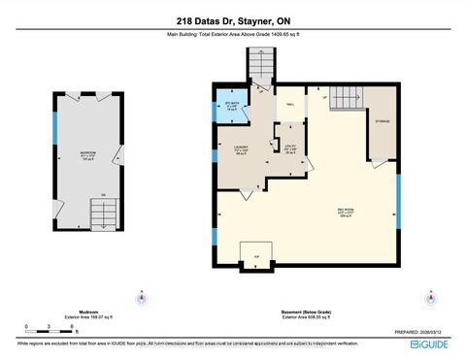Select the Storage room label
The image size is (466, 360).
[x=383, y=121]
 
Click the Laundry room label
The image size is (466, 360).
[x=242, y=150]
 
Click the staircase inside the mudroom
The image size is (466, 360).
[x=97, y=211]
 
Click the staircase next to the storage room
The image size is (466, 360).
[x=346, y=99]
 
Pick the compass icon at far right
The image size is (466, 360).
[x=428, y=296]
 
